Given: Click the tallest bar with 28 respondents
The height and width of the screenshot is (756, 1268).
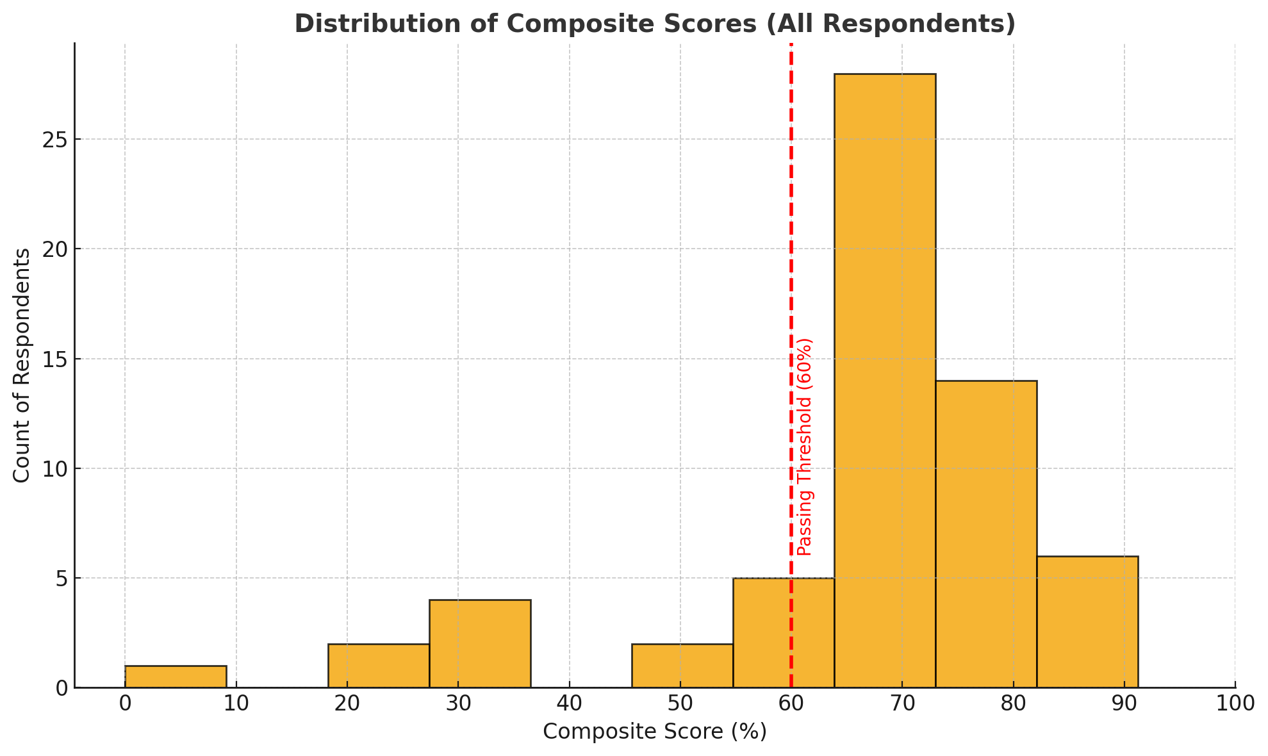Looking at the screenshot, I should coord(884,381).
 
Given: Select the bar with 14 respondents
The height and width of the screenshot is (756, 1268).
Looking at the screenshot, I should coord(985,534).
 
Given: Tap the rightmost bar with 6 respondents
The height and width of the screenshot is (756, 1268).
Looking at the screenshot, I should coord(1087,621).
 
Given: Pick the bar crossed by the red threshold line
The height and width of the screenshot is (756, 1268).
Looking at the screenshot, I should coord(783,632).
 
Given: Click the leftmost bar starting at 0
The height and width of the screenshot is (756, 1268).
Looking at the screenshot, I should coord(176,677).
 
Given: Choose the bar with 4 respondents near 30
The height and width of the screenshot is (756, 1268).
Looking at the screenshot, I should coord(480,643).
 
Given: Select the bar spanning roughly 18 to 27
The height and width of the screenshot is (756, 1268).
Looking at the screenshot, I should coord(379,665).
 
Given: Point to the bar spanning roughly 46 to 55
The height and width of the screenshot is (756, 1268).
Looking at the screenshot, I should coord(682,665).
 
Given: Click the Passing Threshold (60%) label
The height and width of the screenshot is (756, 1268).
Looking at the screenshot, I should coord(805,447).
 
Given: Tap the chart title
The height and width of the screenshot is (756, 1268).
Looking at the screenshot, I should coord(654,24).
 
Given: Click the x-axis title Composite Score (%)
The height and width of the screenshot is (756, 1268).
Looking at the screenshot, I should coord(654,731).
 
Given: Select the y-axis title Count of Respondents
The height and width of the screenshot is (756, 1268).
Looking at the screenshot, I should coord(22,365).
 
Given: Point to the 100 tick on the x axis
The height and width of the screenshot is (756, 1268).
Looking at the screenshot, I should coord(1235,703).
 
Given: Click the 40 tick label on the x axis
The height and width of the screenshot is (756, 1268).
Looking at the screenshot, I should coord(569,703).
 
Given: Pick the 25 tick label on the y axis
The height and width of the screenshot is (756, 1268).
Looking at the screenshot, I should coord(56,140).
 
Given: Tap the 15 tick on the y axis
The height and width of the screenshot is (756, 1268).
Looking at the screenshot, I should coord(56,359).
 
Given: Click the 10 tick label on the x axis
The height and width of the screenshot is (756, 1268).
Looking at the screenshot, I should coord(236,703).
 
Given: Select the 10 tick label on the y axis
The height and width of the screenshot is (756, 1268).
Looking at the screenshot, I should coord(56,468).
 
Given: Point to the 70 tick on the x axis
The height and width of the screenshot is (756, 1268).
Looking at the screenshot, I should coord(902,703).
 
